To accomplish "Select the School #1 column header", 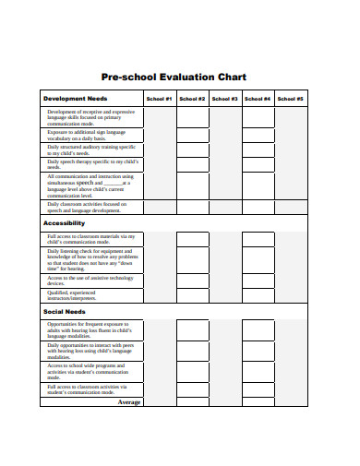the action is (159, 99).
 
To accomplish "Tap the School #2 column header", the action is (192, 99).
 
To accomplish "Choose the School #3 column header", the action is (224, 99).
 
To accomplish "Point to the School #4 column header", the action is (258, 99).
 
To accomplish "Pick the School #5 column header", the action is (290, 99).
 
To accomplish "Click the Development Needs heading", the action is (77, 99).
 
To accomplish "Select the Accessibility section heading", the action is (65, 223).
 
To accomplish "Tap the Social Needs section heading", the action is (66, 312).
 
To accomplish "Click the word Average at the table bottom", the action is (128, 401).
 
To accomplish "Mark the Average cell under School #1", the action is (159, 401).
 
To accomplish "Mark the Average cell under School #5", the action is (290, 401).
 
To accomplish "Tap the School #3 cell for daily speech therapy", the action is (224, 164).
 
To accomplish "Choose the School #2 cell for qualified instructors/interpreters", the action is (192, 296).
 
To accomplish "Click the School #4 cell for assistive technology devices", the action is (258, 281).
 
